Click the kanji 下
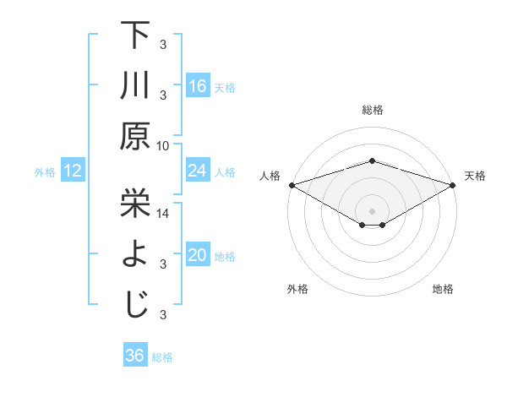[x=135, y=36]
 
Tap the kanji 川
[x=135, y=85]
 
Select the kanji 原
[x=135, y=135]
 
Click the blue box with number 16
[x=198, y=86]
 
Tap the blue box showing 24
[x=198, y=171]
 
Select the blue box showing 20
[x=198, y=256]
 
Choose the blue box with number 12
[x=73, y=171]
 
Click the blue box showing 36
[x=135, y=356]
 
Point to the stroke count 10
[x=163, y=145]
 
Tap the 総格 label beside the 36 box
[x=162, y=357]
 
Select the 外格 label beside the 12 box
[x=45, y=172]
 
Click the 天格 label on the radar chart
[x=475, y=176]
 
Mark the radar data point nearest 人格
[x=292, y=185]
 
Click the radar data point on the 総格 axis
[x=372, y=160]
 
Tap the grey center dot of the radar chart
[x=372, y=209]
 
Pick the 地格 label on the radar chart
[x=443, y=290]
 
